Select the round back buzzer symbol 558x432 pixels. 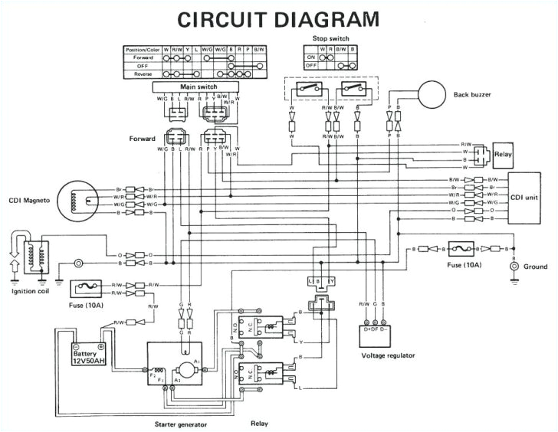coord(431,94)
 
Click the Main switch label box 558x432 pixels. coord(197,87)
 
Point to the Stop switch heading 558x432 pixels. coord(330,38)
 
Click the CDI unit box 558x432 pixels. coord(525,196)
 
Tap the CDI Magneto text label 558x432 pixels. coord(29,201)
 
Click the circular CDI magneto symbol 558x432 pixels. coord(84,201)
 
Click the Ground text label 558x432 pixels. coord(535,267)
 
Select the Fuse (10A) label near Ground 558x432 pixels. coord(467,265)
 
